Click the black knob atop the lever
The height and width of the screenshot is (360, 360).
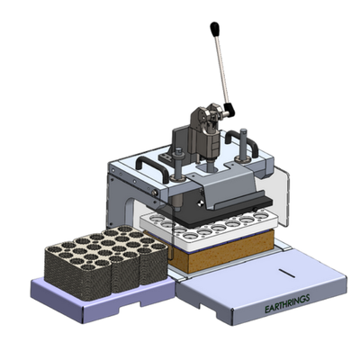tap(214, 29)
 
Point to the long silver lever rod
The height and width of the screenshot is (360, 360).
tap(222, 69)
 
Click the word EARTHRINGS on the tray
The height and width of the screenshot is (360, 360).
tap(287, 303)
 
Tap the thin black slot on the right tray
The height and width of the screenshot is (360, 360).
tap(287, 274)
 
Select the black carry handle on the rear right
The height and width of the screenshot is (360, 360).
tap(241, 141)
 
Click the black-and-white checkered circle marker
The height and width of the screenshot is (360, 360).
tap(201, 203)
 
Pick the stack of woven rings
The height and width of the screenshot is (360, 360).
tap(105, 262)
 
